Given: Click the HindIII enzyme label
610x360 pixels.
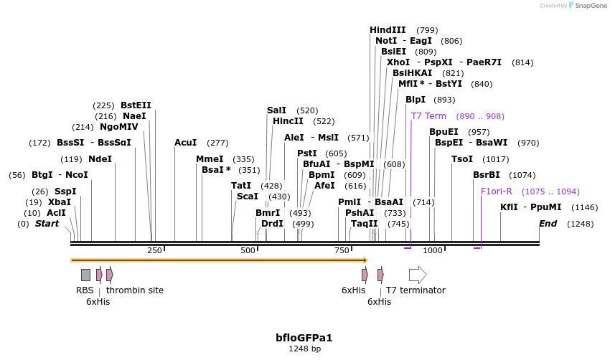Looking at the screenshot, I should pyautogui.click(x=388, y=30).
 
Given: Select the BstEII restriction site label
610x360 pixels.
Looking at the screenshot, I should pyautogui.click(x=136, y=105).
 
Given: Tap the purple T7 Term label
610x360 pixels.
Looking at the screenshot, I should pyautogui.click(x=428, y=116).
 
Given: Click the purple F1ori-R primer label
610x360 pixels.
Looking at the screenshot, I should pyautogui.click(x=497, y=191).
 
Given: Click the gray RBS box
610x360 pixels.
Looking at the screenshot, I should pyautogui.click(x=85, y=275).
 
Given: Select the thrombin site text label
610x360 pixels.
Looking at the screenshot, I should pyautogui.click(x=135, y=290).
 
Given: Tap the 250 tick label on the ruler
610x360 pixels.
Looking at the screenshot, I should pyautogui.click(x=154, y=250).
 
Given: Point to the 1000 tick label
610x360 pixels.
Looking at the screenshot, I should pyautogui.click(x=433, y=250).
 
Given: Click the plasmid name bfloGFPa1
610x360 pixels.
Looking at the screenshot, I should pyautogui.click(x=304, y=337).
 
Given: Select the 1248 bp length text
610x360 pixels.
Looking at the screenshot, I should pyautogui.click(x=304, y=349).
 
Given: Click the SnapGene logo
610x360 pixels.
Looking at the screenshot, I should pyautogui.click(x=587, y=6).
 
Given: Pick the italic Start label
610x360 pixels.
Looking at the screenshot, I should pyautogui.click(x=47, y=224).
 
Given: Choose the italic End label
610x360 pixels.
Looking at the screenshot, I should pyautogui.click(x=548, y=224).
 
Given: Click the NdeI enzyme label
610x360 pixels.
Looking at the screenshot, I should pyautogui.click(x=100, y=159).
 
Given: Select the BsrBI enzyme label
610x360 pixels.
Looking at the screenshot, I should pyautogui.click(x=487, y=175).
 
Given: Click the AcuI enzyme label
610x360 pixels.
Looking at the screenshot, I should pyautogui.click(x=186, y=143).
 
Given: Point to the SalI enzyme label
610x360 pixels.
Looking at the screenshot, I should pyautogui.click(x=276, y=110).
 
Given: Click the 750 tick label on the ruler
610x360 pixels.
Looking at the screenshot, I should pyautogui.click(x=342, y=250).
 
